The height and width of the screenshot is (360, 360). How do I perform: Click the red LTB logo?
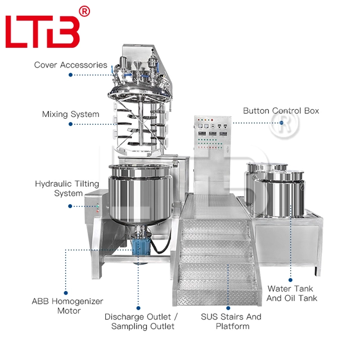coord(42,31)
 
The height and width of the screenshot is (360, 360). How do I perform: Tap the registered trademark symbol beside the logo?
coord(84,11)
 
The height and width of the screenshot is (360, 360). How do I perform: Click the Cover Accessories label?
coord(70,65)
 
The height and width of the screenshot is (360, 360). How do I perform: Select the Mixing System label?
coord(70,114)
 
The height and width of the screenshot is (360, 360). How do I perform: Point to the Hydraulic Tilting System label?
coord(67,188)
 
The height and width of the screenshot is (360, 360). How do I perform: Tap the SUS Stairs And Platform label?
coord(231,321)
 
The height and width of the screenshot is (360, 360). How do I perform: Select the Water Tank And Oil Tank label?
coord(292,293)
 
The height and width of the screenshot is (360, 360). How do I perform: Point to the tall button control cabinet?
coord(213,152)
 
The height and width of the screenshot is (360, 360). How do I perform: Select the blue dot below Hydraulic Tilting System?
coord(70,206)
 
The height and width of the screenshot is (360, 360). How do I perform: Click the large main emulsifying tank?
coord(137,194)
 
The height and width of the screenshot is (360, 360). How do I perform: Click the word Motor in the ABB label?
coord(69,310)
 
